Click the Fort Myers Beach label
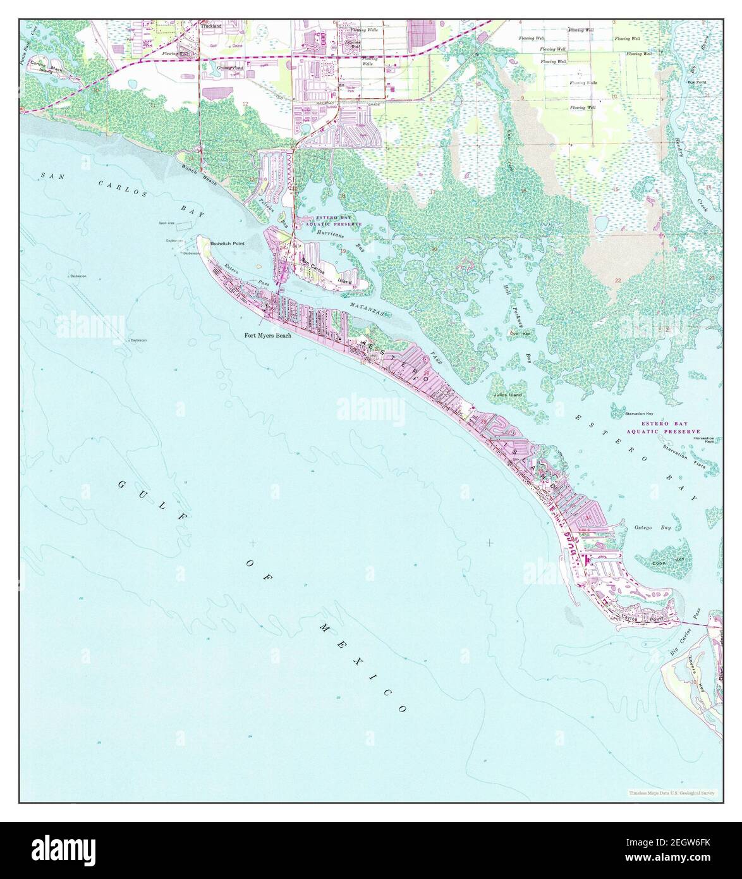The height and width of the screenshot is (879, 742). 268,336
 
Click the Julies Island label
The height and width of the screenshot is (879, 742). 508,395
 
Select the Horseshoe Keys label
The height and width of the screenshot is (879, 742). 703,439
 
